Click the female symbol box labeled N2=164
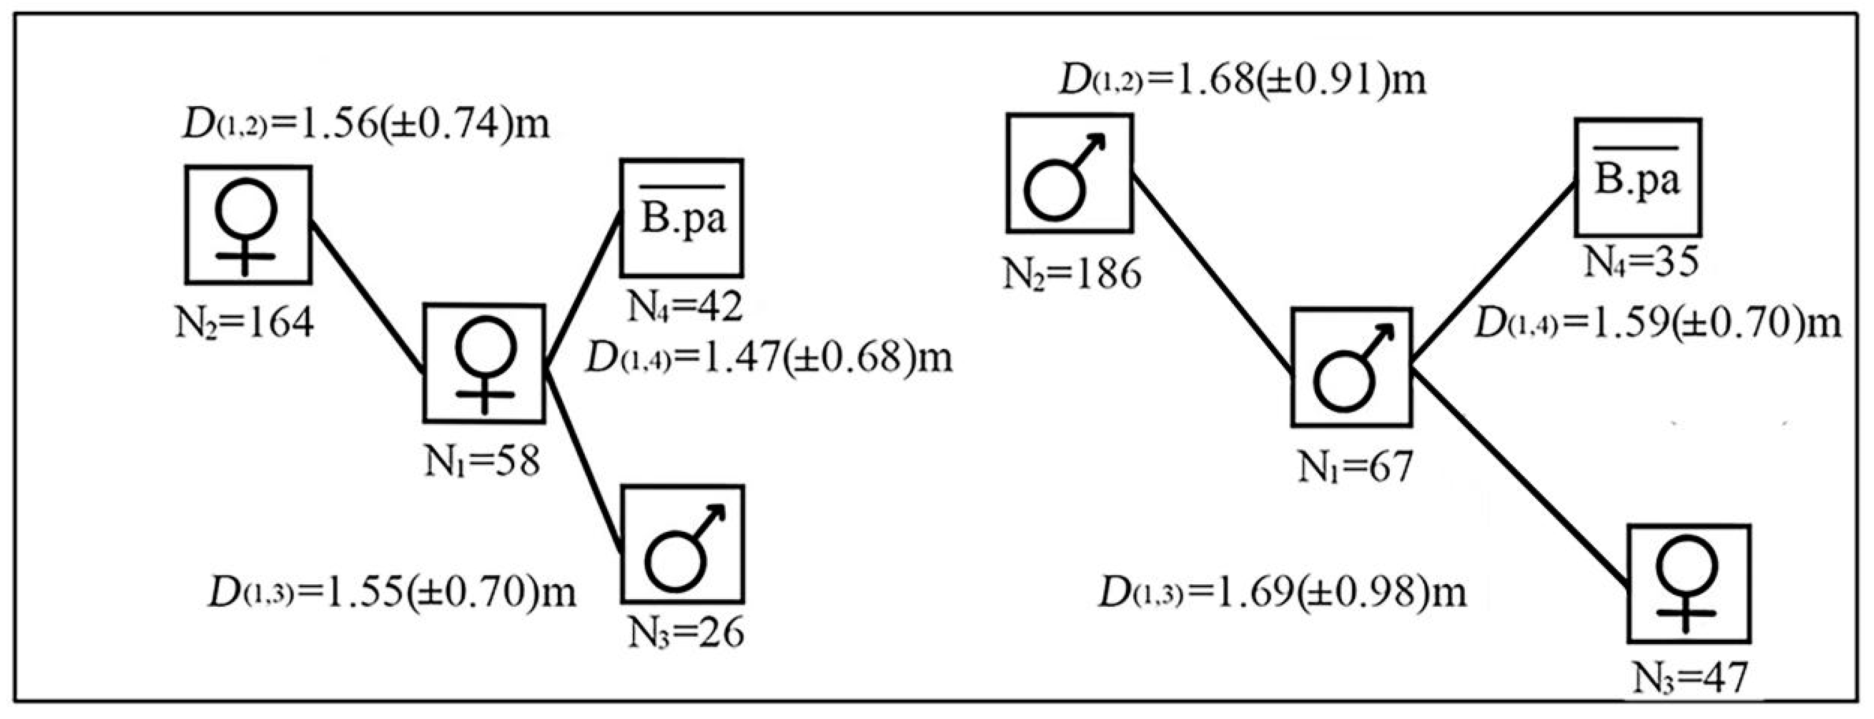click(x=248, y=225)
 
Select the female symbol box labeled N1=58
click(x=484, y=363)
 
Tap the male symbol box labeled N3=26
click(x=682, y=544)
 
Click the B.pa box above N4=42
click(x=681, y=218)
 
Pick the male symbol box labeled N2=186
click(x=1070, y=174)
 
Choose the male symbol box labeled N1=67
click(x=1351, y=367)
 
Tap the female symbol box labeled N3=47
click(x=1688, y=583)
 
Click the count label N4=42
click(x=685, y=306)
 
